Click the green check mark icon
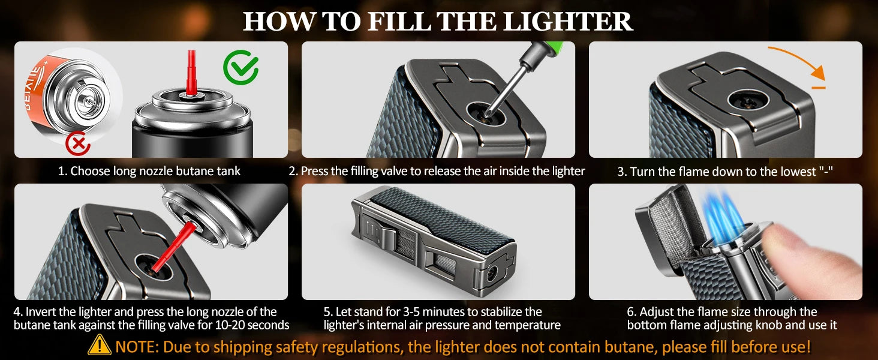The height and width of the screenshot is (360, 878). pyautogui.click(x=240, y=67)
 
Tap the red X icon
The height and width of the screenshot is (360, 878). pyautogui.click(x=79, y=143)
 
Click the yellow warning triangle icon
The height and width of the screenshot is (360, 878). pyautogui.click(x=100, y=346)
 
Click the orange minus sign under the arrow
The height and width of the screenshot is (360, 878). pyautogui.click(x=819, y=88)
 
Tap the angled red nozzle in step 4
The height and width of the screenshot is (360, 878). pyautogui.click(x=173, y=247)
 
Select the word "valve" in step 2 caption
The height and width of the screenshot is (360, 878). pyautogui.click(x=395, y=171)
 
